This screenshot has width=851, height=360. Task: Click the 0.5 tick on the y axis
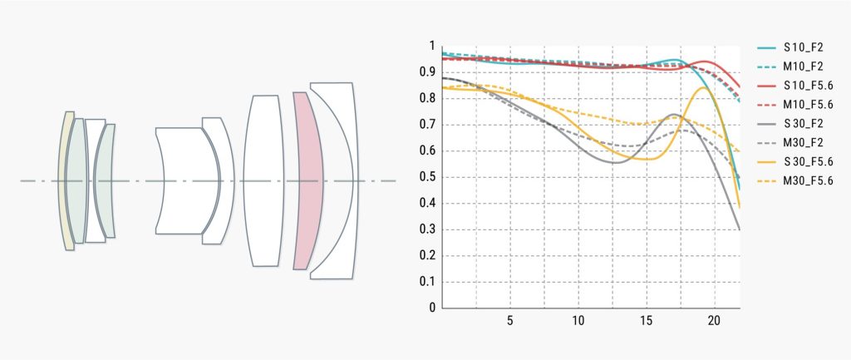pos(430,177)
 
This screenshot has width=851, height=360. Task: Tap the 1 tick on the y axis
pos(432,47)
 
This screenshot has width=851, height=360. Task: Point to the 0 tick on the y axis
pos(432,308)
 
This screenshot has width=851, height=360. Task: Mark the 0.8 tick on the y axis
pos(430,99)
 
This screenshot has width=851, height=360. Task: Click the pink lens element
pos(307,180)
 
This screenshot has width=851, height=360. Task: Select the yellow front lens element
pos(66,180)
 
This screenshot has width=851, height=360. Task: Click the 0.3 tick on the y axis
pos(430,229)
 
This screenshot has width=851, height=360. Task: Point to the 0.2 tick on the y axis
pos(430,255)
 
